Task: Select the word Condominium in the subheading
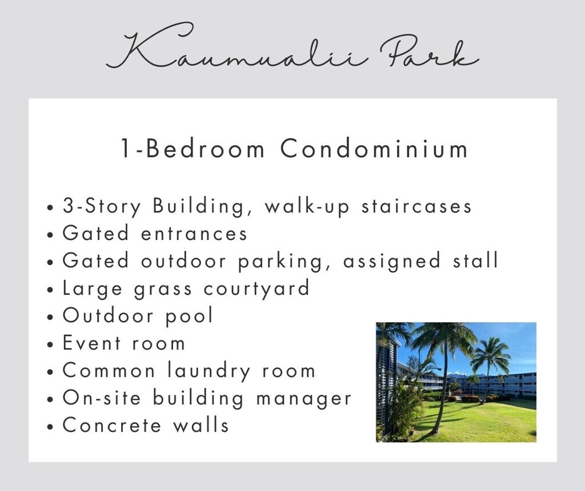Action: click(x=374, y=149)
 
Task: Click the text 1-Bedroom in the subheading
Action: click(x=193, y=149)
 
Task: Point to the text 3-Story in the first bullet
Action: click(x=102, y=206)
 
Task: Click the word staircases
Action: click(x=416, y=206)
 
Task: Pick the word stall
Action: click(x=476, y=260)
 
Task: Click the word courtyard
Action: click(x=257, y=288)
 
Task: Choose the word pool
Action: click(x=189, y=316)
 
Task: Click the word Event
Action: click(x=92, y=343)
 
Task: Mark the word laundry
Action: click(x=209, y=371)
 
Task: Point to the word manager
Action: click(x=304, y=398)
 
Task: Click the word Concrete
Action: click(x=112, y=425)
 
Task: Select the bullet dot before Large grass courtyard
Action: click(x=51, y=290)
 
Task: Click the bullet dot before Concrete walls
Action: click(x=51, y=426)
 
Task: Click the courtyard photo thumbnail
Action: click(x=456, y=382)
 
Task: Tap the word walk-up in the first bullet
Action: click(x=307, y=206)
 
